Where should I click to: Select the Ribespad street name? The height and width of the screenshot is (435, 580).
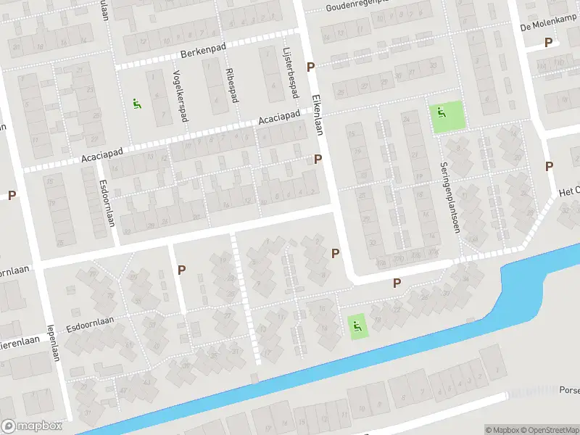[x=231, y=86]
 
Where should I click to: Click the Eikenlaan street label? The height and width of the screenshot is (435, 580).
[x=317, y=113]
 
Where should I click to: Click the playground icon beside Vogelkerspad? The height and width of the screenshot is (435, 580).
[x=136, y=104]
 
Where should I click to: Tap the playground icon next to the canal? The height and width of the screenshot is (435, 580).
[x=356, y=327]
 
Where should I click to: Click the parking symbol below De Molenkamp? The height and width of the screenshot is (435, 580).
[x=548, y=43]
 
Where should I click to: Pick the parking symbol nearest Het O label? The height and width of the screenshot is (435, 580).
[x=549, y=166]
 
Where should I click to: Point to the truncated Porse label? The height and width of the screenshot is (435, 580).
[x=569, y=390]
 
